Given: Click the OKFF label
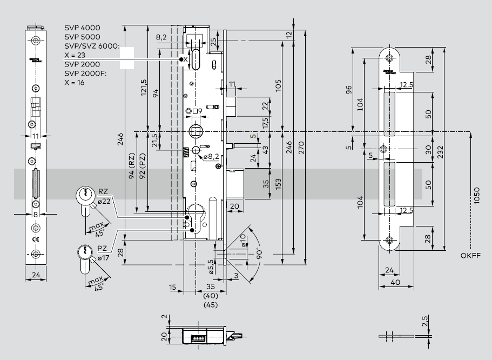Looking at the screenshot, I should [471, 255].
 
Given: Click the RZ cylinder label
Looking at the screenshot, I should [103, 191].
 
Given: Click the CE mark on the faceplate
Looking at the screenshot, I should [36, 239].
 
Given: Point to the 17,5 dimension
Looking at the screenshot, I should [265, 122].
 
